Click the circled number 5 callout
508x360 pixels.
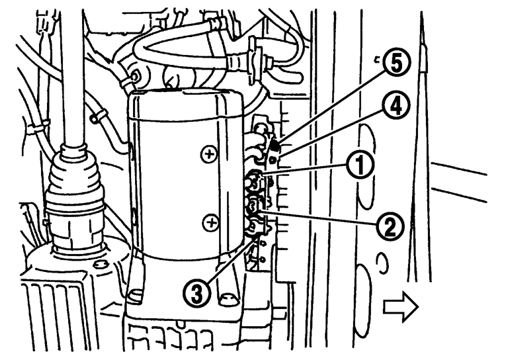click(397, 63)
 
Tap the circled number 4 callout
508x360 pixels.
click(396, 106)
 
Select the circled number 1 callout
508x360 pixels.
click(360, 165)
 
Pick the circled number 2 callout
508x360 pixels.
click(390, 226)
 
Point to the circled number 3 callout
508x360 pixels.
click(196, 293)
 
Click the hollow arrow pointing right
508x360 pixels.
click(401, 306)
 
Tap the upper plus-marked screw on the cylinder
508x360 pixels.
click(210, 154)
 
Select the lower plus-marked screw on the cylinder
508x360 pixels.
click(212, 223)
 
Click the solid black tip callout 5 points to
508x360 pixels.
click(275, 146)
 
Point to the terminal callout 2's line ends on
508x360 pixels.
click(255, 207)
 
